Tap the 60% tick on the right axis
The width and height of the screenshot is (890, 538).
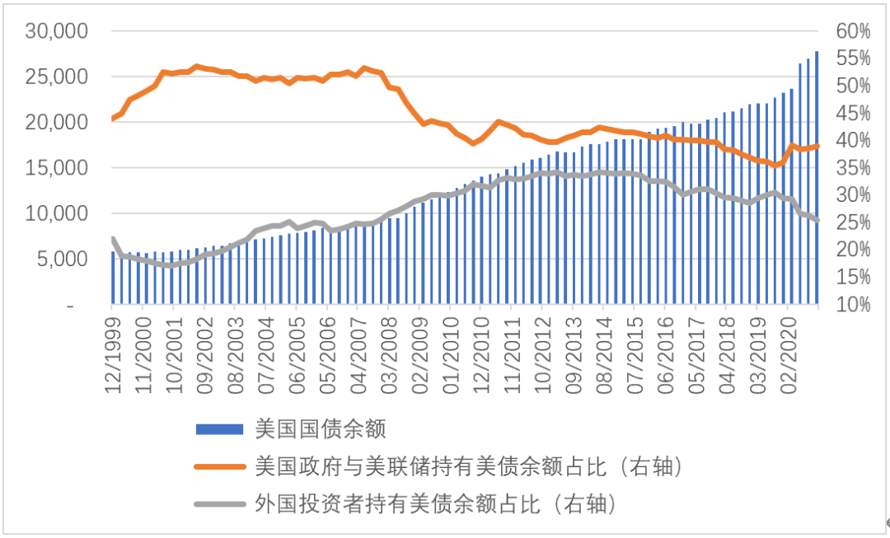(x=852, y=31)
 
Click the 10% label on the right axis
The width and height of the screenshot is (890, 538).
(x=852, y=305)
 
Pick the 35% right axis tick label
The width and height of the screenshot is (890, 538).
(x=852, y=168)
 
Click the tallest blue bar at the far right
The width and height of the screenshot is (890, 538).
(x=817, y=177)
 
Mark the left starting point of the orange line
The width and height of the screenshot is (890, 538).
(x=112, y=119)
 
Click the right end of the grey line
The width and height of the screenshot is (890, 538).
(x=817, y=220)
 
